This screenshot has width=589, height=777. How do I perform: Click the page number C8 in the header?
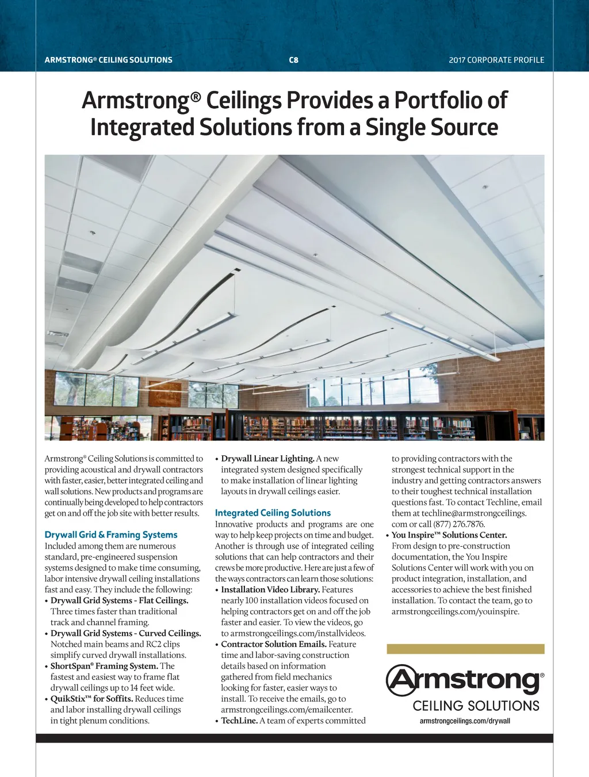293,60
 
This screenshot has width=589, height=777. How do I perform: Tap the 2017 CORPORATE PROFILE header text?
496,60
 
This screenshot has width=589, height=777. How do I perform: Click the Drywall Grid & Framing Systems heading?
111,535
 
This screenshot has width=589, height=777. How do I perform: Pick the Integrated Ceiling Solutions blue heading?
273,513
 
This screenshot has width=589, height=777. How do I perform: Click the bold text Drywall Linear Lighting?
267,459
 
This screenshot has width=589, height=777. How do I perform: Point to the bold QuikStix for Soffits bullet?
91,699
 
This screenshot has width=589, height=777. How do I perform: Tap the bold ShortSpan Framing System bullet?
104,666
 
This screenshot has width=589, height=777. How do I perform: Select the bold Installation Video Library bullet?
270,589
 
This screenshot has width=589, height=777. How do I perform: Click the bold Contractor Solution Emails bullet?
274,644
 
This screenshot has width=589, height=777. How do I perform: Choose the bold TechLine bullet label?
239,721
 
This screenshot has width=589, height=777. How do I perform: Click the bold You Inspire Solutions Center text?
449,535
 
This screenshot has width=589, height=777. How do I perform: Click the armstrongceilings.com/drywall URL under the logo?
465,721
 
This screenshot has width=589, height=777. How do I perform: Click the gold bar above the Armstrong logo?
465,649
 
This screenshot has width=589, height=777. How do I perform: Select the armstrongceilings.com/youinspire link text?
456,611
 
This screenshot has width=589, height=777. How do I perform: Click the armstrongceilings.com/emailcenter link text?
287,710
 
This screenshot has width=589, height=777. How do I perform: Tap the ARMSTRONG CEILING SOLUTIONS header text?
109,60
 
